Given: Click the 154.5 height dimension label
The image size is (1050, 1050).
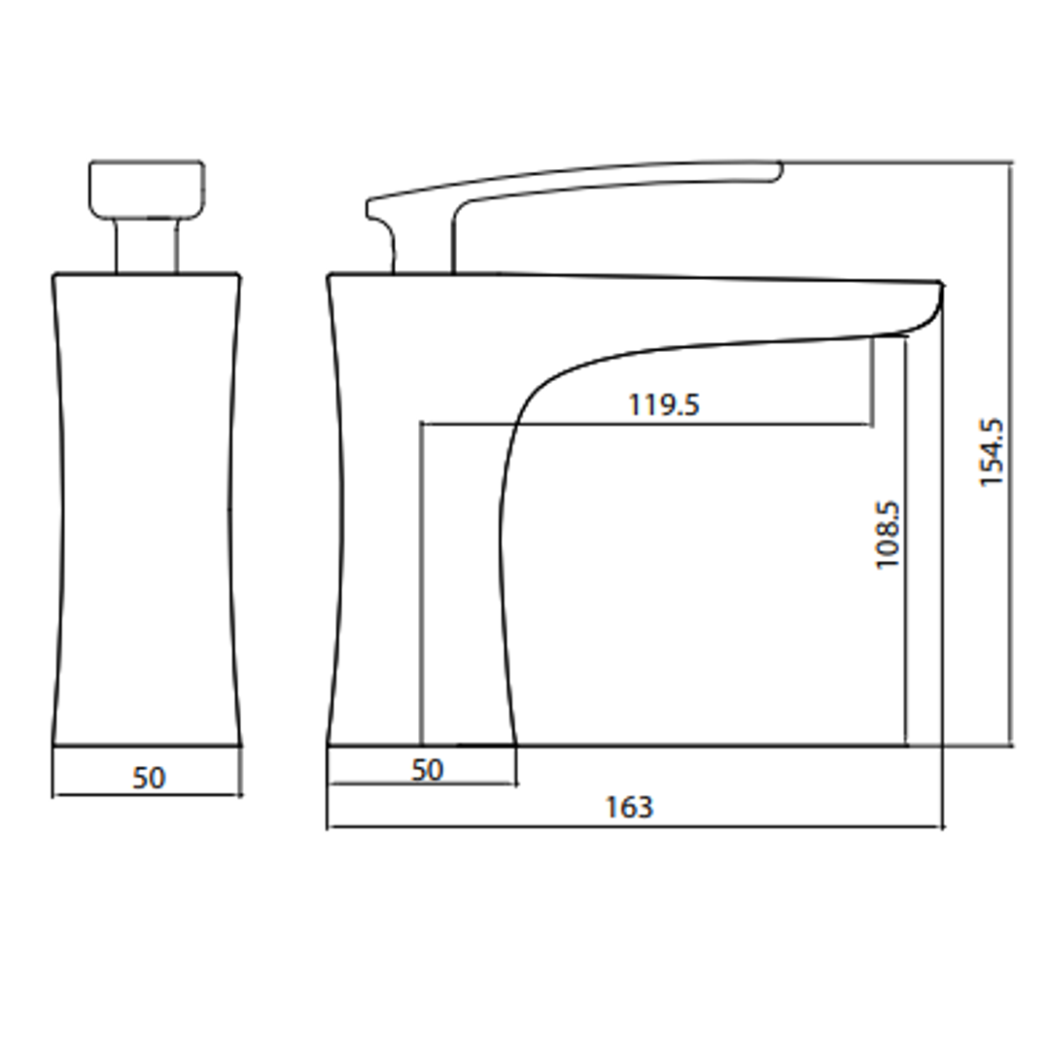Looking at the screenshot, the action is pyautogui.click(x=992, y=453).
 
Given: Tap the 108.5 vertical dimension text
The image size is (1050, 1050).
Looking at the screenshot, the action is pyautogui.click(x=889, y=536).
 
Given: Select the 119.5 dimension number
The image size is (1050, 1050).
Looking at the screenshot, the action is pyautogui.click(x=664, y=405).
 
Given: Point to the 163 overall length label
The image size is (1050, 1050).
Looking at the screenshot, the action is pyautogui.click(x=629, y=807).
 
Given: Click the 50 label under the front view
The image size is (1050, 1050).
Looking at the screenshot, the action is pyautogui.click(x=149, y=778).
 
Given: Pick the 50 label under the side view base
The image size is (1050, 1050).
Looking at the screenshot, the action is pyautogui.click(x=427, y=771).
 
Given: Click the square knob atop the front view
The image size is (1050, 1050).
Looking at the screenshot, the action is pyautogui.click(x=147, y=190).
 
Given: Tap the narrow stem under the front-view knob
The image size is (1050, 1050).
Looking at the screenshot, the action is pyautogui.click(x=147, y=246).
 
